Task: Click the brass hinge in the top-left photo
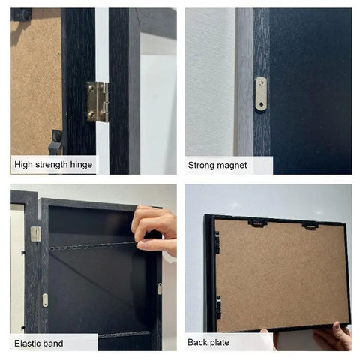[97, 101]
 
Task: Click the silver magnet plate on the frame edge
[261, 93]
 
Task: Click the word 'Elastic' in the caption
[28, 343]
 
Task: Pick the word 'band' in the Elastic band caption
[53, 343]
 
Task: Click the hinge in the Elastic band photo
[35, 234]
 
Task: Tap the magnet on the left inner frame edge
[45, 300]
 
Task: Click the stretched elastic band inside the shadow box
[90, 246]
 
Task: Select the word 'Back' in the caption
[199, 343]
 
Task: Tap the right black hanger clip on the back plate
[310, 226]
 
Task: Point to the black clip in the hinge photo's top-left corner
[23, 14]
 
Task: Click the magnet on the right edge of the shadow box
[159, 288]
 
